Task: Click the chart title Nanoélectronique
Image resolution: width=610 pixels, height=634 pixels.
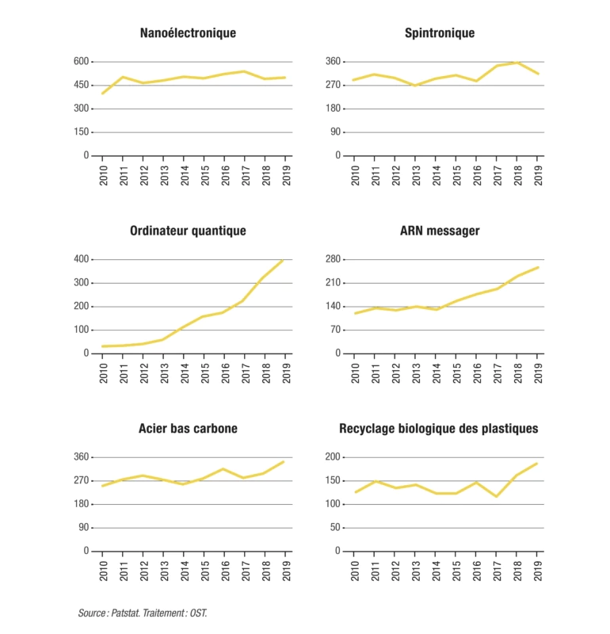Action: (188, 33)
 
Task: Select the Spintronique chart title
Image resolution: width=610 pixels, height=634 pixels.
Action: (440, 33)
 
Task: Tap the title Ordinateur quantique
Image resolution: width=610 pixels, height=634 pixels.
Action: (188, 231)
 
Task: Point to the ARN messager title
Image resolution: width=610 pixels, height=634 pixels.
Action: (440, 231)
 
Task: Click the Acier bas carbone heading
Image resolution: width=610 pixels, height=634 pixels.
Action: (188, 429)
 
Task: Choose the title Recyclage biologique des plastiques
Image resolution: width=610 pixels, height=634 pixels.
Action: (439, 429)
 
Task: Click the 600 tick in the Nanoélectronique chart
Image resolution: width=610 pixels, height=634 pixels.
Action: (80, 62)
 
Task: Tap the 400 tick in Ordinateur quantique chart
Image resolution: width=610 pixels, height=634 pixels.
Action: (80, 259)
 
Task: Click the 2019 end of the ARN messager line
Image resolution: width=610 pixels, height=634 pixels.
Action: (538, 267)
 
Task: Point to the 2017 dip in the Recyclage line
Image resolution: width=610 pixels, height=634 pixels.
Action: (498, 496)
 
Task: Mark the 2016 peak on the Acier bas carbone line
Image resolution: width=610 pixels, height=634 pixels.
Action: (224, 469)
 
